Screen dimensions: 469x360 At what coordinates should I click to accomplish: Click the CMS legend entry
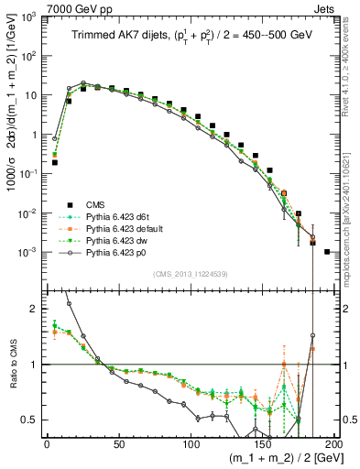click(x=95, y=204)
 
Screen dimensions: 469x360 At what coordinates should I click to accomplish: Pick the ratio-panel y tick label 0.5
click(x=31, y=420)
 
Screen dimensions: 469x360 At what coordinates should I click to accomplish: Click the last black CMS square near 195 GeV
click(x=327, y=251)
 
